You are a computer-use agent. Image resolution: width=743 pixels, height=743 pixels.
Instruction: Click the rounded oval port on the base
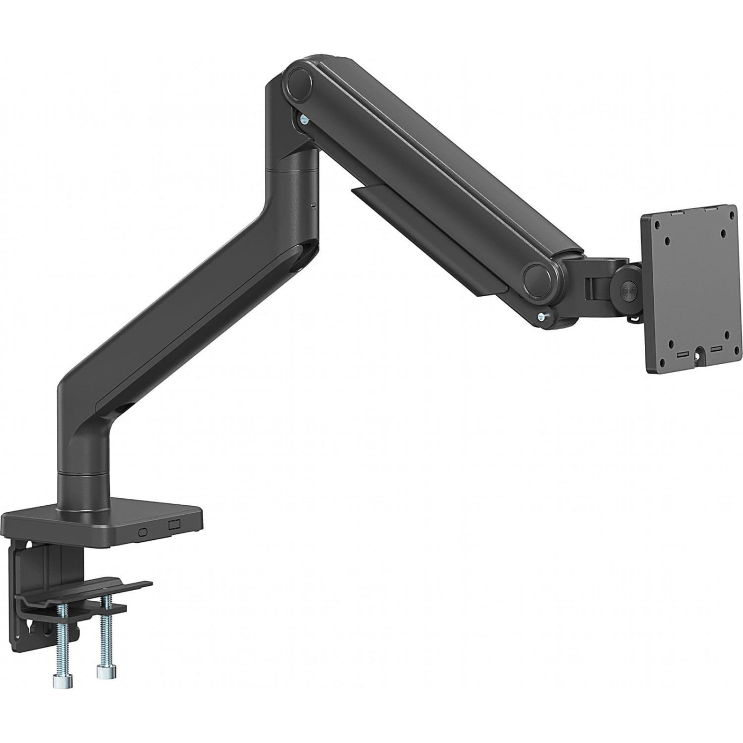(x=143, y=532)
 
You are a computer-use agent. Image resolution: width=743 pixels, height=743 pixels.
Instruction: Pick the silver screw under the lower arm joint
(x=541, y=317)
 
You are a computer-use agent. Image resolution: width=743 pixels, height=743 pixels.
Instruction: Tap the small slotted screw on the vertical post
(x=313, y=203)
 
